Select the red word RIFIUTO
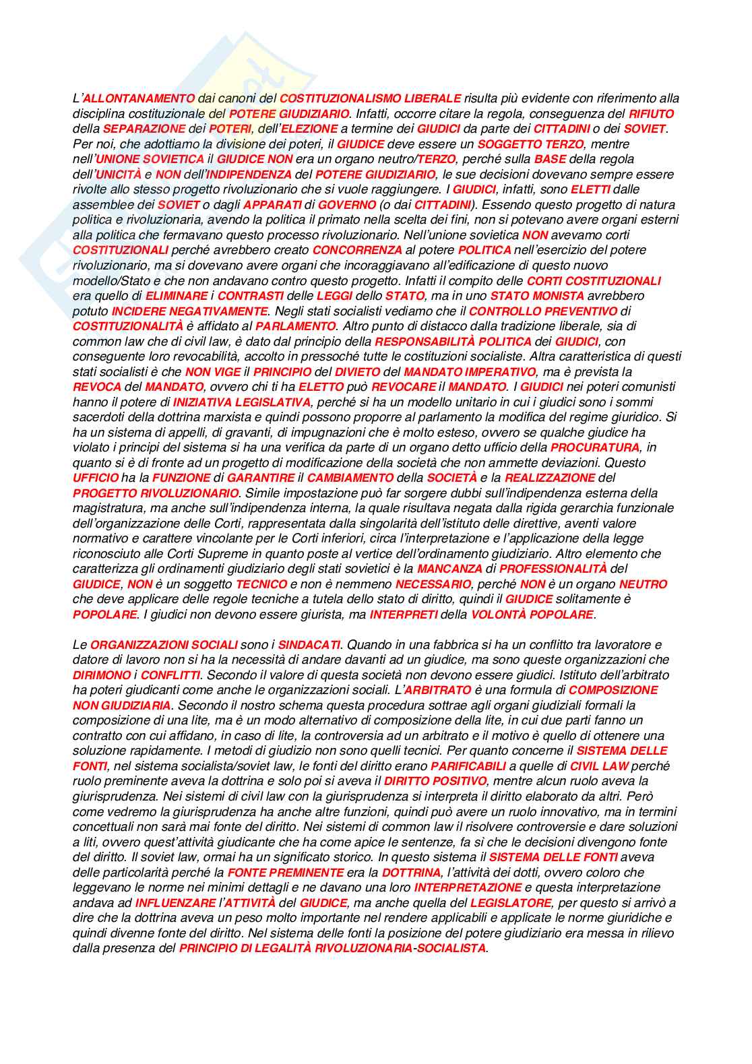[x=651, y=114]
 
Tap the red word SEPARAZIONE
[x=144, y=129]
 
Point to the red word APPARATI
[x=272, y=205]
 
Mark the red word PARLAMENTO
[x=296, y=326]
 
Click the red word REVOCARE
[x=403, y=387]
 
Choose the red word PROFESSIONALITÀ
[x=553, y=569]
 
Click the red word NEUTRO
[x=643, y=584]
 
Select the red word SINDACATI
[x=309, y=645]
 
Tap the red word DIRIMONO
[x=102, y=675]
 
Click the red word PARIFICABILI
[x=468, y=766]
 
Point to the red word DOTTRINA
[x=411, y=873]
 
